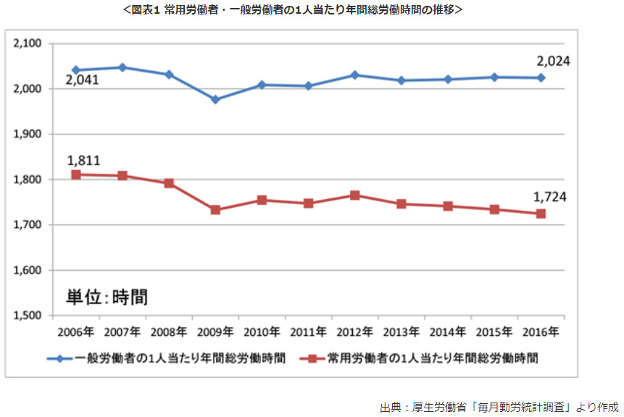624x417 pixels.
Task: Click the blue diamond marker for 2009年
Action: [x=215, y=99]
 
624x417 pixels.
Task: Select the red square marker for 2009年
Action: [x=215, y=210]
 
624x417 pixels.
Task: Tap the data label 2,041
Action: [x=82, y=80]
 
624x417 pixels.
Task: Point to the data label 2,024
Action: [x=552, y=62]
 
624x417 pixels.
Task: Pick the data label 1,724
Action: [x=549, y=197]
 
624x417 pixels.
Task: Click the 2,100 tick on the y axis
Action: [x=28, y=44]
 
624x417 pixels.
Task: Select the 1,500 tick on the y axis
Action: [x=28, y=316]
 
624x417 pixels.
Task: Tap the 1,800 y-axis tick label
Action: [x=28, y=180]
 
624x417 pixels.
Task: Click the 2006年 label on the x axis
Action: [x=75, y=332]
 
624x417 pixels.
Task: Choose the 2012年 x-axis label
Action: [x=354, y=332]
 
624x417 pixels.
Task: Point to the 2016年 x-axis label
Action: [x=540, y=332]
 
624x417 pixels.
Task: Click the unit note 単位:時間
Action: [x=107, y=297]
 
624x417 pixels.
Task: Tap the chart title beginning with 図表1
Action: [x=312, y=10]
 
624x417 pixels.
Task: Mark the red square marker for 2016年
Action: [x=541, y=214]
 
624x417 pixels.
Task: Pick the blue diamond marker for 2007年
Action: [x=122, y=67]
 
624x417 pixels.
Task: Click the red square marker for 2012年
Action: [x=355, y=195]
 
